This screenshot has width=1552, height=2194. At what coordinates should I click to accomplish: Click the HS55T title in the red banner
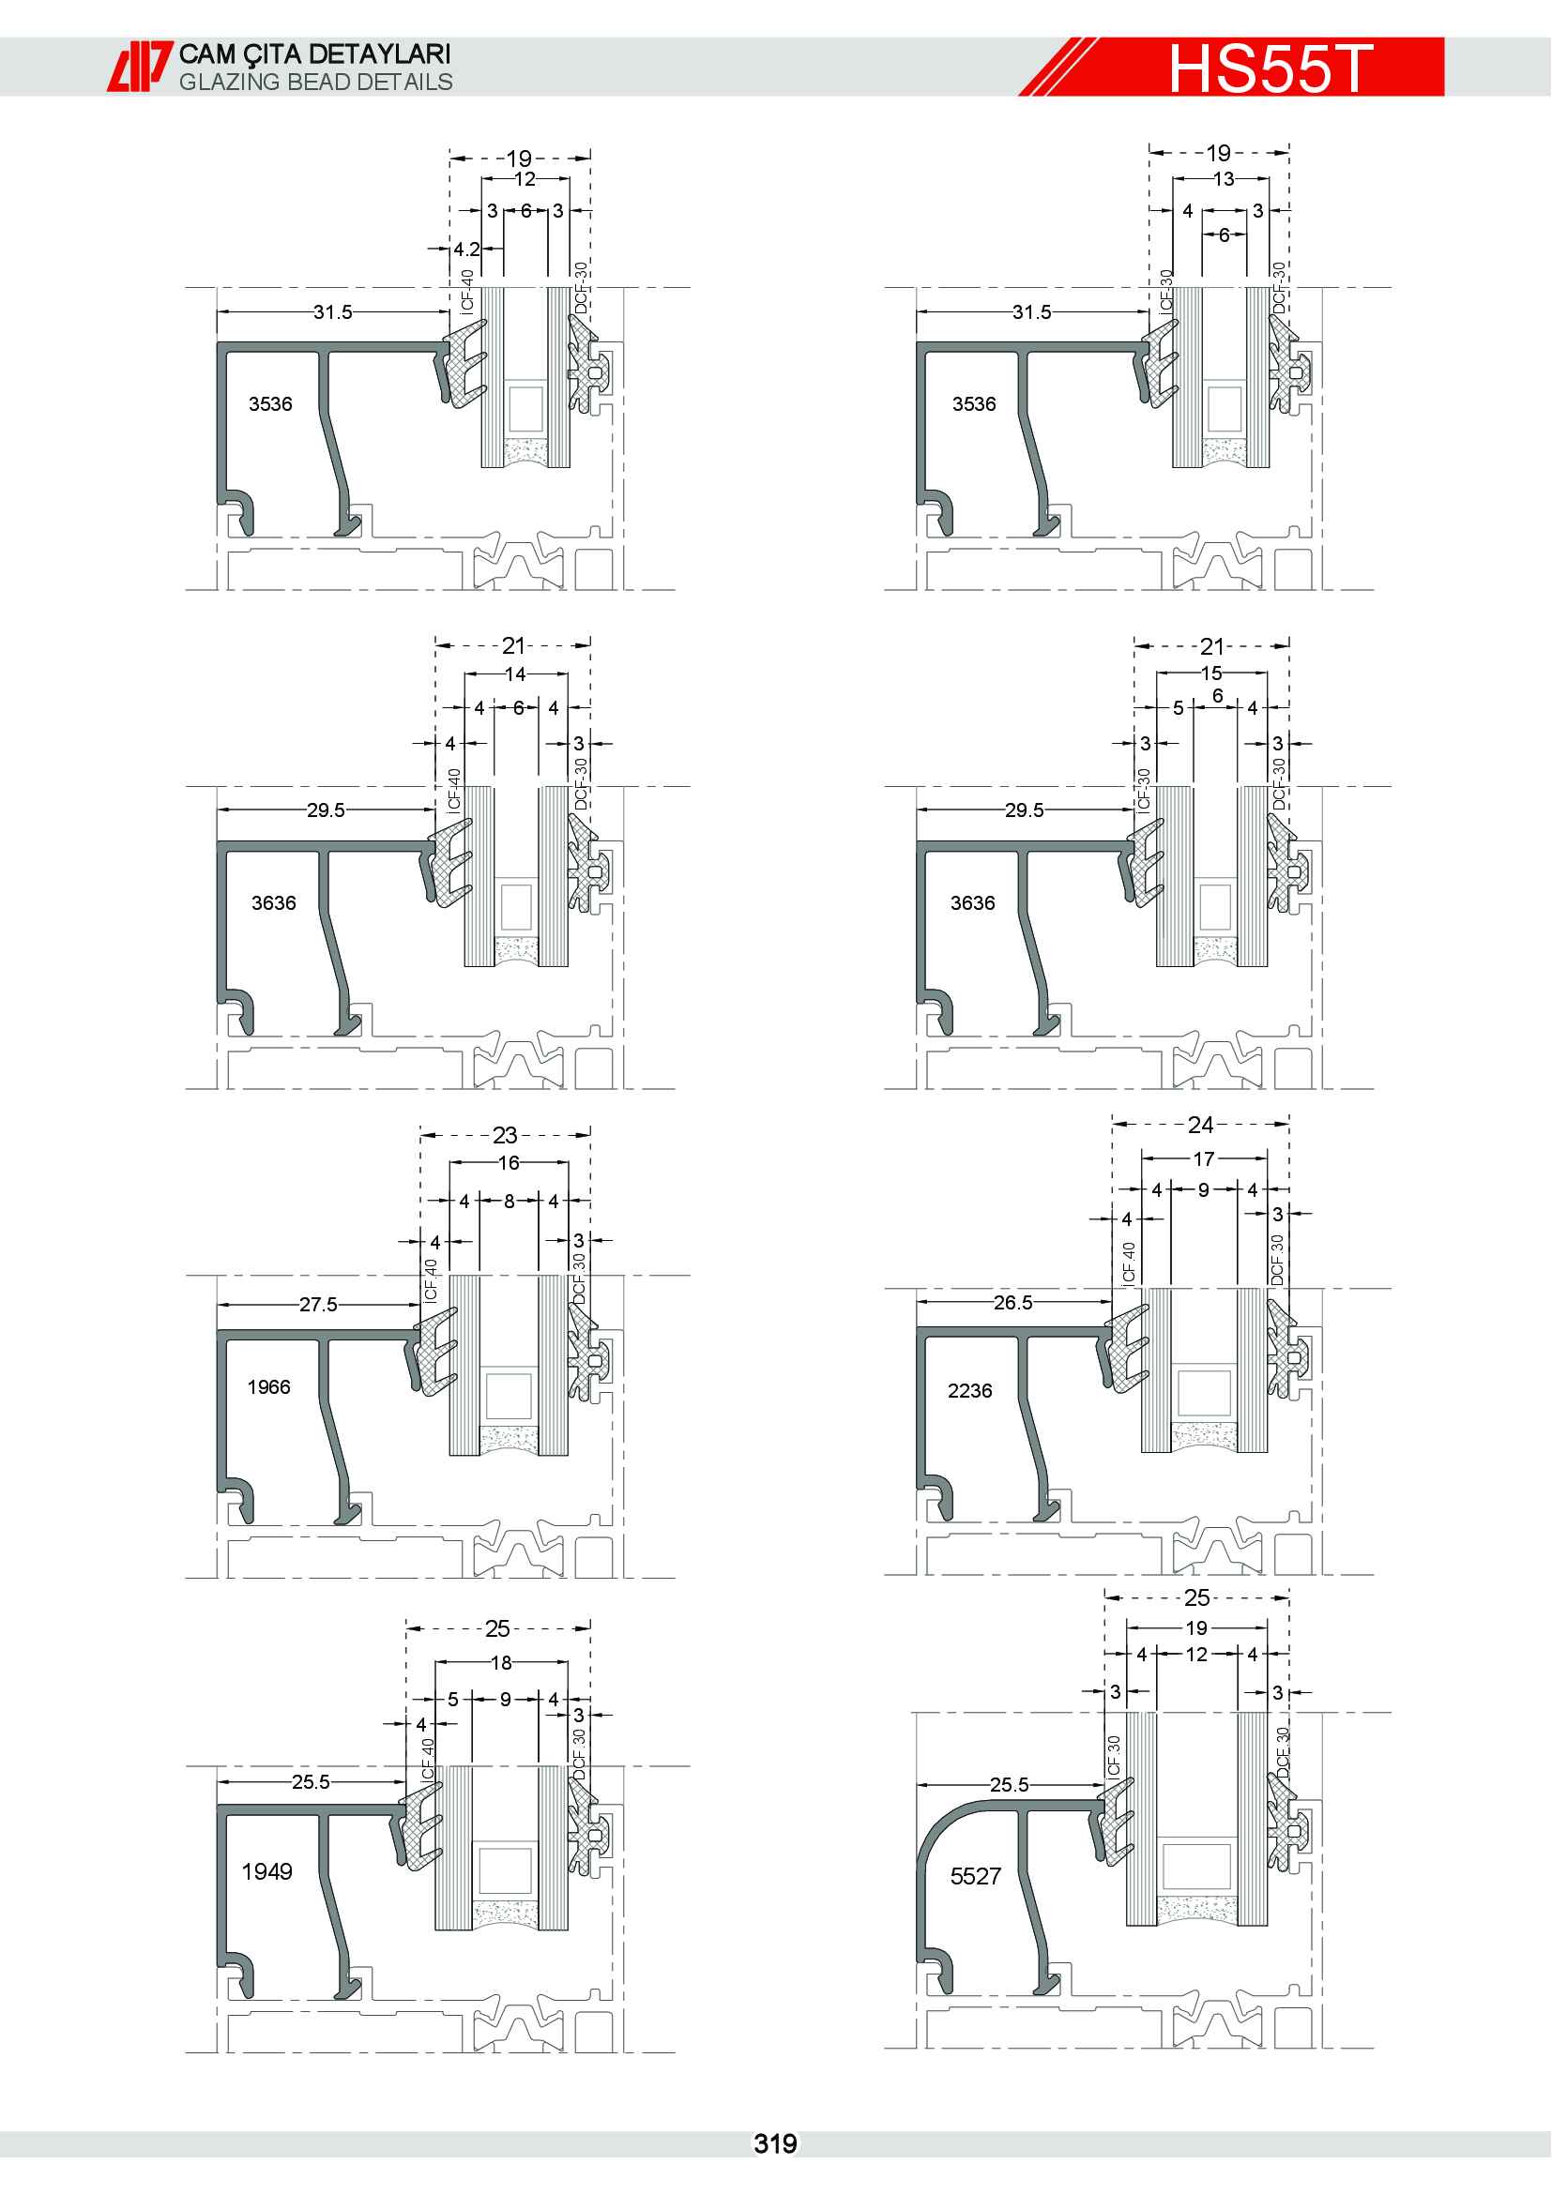point(1271,68)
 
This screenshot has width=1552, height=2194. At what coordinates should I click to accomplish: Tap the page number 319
point(775,2143)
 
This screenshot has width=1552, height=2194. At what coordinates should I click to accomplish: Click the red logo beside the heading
point(140,66)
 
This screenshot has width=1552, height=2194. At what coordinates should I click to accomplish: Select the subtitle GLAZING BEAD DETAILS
point(316,83)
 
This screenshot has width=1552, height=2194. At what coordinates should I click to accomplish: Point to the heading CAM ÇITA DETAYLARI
point(314,54)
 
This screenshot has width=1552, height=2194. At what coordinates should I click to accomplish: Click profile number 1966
point(268,1386)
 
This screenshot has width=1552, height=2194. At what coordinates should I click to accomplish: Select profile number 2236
point(970,1390)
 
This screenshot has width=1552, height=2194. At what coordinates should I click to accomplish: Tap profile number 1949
point(266,1871)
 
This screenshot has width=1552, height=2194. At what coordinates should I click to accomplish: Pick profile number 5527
point(976,1876)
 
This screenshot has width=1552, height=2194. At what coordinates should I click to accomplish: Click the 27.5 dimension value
point(318,1305)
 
